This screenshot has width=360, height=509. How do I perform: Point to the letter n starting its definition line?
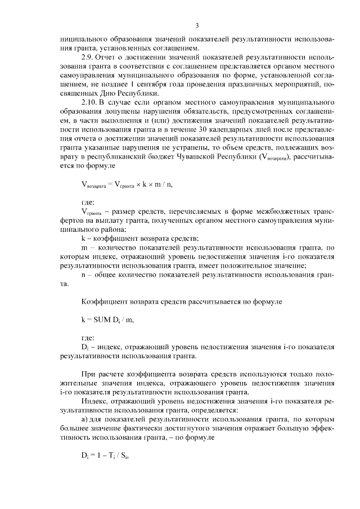pyautogui.click(x=83, y=274)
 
